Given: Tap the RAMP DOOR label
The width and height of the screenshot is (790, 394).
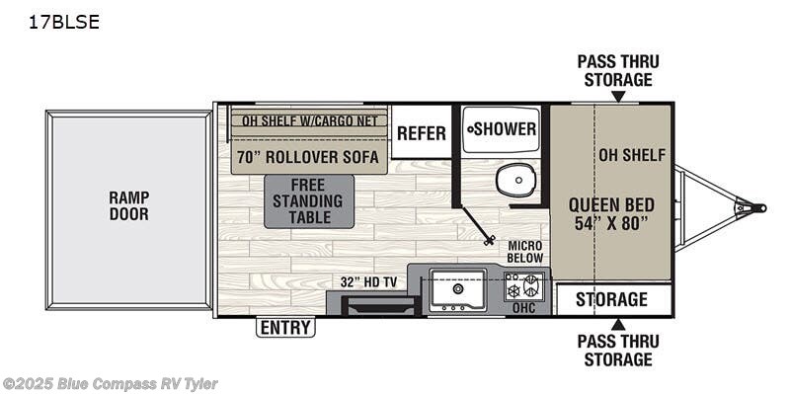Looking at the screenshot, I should pos(128,205).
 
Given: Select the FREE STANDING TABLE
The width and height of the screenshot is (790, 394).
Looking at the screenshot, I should pos(309,201).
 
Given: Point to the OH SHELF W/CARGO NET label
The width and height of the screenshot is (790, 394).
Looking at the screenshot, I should pos(309,123).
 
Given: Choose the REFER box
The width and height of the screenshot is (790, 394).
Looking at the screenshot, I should pos(422,133).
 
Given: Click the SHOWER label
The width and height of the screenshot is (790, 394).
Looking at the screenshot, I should pos(503,129).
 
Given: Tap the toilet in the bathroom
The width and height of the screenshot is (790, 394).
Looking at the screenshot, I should pos(513,181).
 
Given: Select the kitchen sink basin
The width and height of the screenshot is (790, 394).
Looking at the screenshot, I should pos(457,287).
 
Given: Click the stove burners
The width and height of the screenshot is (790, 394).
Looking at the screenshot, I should pos(524,287).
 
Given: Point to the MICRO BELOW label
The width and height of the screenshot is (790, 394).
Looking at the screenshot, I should pos(525,251).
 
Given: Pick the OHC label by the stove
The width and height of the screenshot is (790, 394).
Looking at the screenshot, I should pos(524,308).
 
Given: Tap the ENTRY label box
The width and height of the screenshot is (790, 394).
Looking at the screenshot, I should pos(285,328).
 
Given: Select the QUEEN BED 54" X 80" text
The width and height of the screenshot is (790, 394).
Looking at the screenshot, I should pos(611,213).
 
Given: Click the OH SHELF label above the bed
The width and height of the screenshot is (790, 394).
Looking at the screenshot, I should pos(632,155).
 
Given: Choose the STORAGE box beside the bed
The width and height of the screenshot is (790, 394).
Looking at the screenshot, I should pos(612,299).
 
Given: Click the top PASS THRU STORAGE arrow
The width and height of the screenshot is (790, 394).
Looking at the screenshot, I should pos(618,97).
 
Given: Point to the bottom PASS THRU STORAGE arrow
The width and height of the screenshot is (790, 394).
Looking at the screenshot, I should pos(618,324).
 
